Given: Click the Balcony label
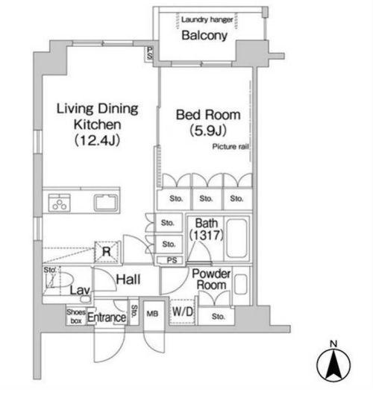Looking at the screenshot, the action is [x=204, y=35].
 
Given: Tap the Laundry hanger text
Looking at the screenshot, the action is [x=207, y=19].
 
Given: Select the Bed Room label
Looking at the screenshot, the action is [x=208, y=115].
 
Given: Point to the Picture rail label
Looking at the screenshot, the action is [x=231, y=147].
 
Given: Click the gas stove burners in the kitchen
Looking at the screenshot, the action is [x=60, y=203].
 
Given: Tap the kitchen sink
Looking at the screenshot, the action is [x=106, y=203].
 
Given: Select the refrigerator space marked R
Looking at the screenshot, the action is [x=107, y=252].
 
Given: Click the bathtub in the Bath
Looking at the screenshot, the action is [x=236, y=238].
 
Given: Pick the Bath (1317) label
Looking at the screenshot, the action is [x=207, y=229].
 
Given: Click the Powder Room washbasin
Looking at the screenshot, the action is [x=240, y=284].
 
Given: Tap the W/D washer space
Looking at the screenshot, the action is [x=183, y=312].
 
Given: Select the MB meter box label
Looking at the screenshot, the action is [x=153, y=314].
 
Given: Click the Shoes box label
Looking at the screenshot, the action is [x=76, y=317].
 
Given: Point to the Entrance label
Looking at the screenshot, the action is [x=107, y=317].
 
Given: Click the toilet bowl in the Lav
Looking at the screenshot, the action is [x=63, y=280].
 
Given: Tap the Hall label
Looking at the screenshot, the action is [x=128, y=279].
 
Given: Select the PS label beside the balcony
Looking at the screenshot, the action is [x=149, y=53].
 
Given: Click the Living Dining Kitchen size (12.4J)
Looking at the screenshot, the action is [x=97, y=140].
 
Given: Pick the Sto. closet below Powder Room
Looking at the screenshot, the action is [x=218, y=316].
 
